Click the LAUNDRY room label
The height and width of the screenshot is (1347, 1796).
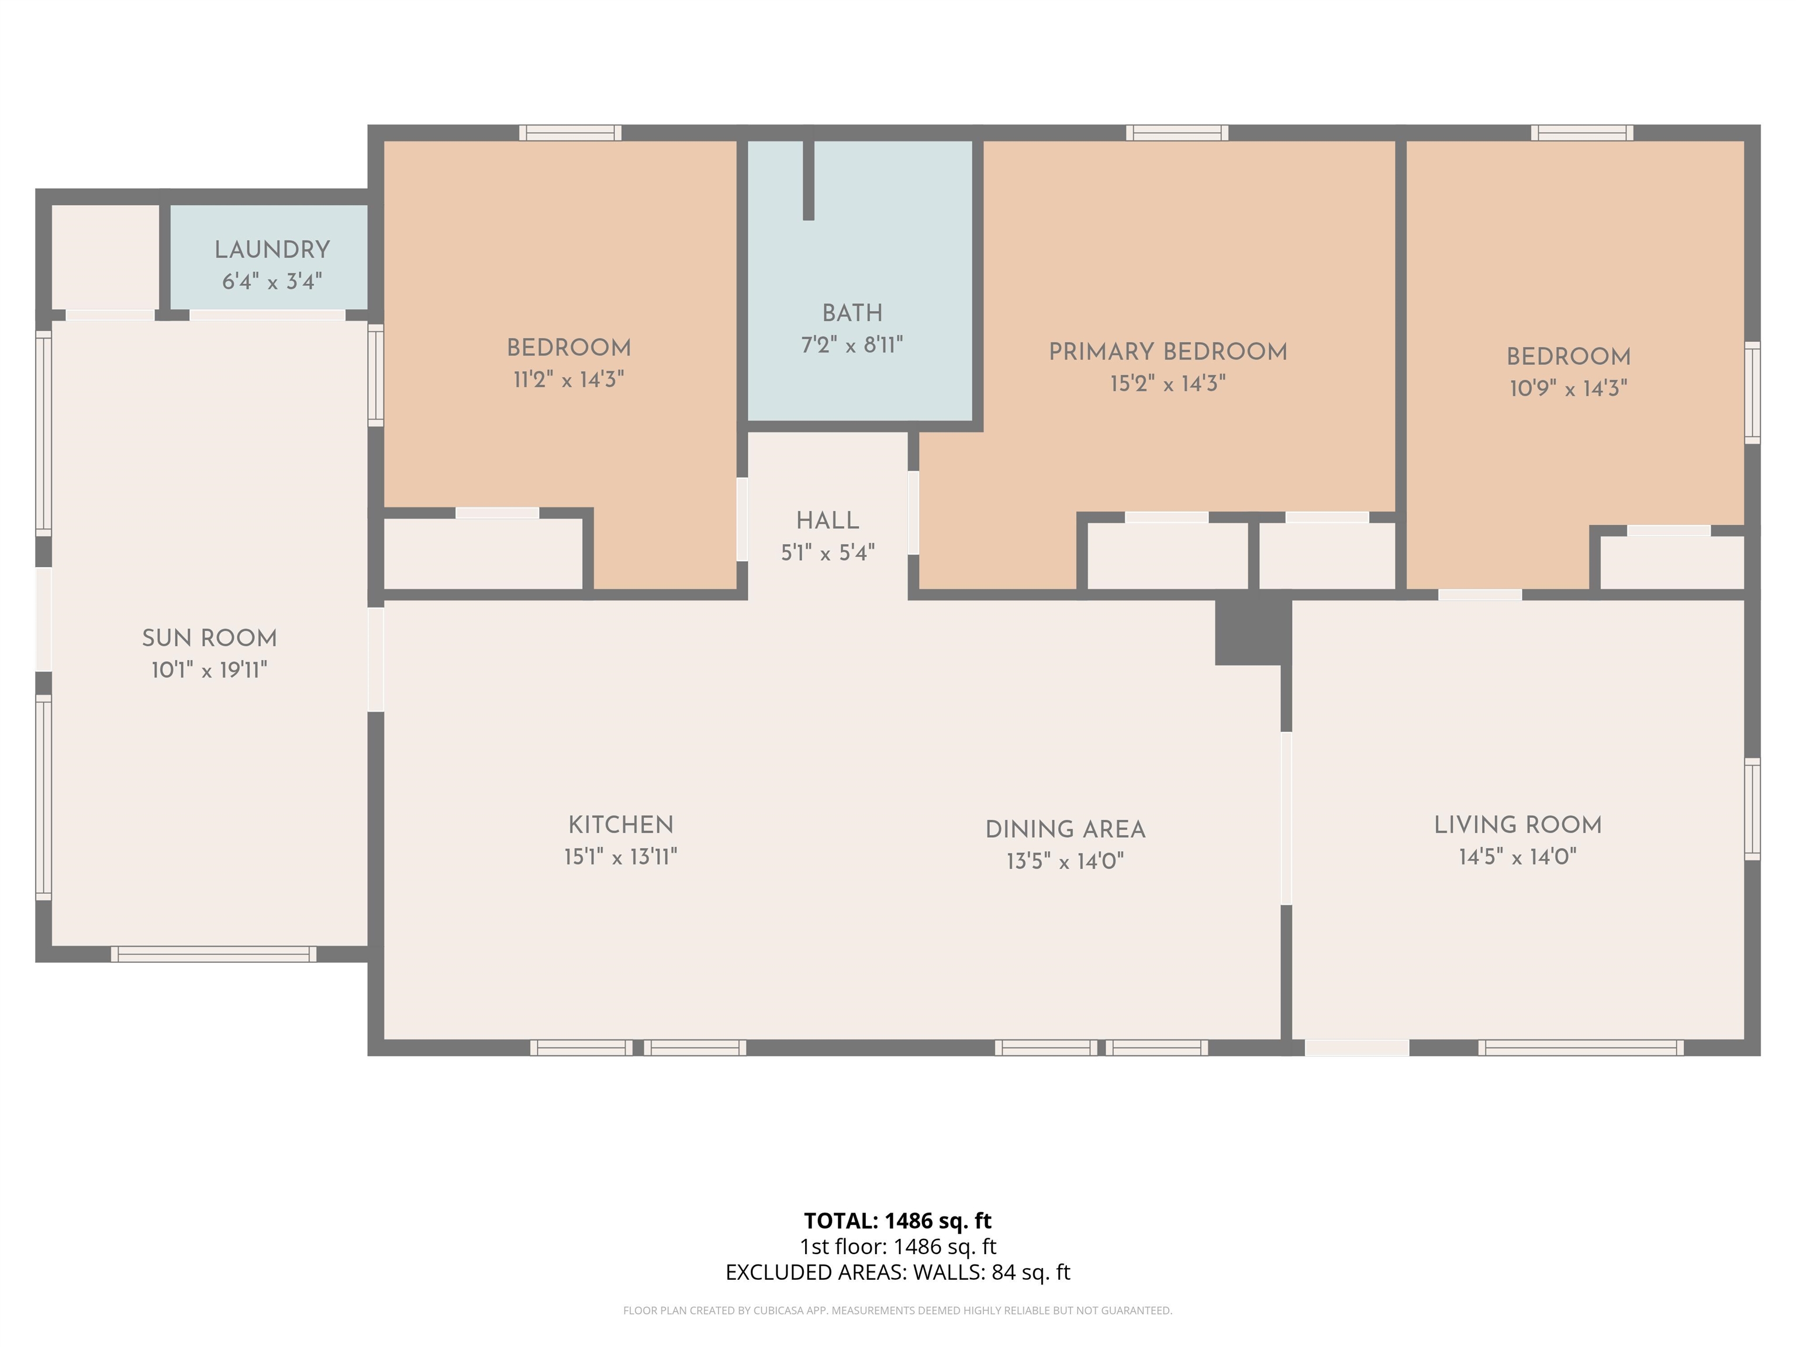pos(272,250)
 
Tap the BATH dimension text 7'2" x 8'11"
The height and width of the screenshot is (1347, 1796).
pos(852,345)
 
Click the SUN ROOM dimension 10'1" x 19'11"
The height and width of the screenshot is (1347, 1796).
pos(209,670)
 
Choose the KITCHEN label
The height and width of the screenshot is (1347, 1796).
pos(620,825)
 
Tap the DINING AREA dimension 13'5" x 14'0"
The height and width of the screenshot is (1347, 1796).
pos(1065,861)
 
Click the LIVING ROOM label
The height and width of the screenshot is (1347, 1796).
pos(1518,825)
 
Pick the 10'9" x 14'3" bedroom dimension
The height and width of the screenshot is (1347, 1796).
pos(1568,388)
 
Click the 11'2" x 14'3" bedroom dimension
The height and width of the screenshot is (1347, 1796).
pos(568,379)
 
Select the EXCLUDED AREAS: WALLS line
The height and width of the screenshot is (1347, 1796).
pos(897,1272)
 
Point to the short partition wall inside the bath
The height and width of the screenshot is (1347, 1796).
pos(808,179)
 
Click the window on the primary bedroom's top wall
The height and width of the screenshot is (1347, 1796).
pos(1176,132)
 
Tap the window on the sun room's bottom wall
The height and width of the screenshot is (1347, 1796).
pos(213,954)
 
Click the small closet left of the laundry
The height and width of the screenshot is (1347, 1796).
pos(106,257)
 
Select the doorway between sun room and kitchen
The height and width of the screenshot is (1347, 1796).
pos(376,659)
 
